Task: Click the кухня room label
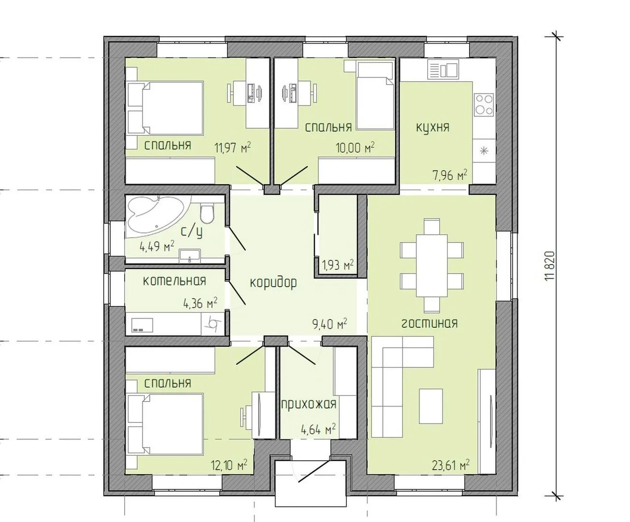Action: pos(433,128)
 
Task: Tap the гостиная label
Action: pos(430,324)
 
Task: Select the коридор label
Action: pos(273,283)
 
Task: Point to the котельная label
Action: pos(174,281)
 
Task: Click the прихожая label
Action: pos(309,404)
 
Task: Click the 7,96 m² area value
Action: pos(450,175)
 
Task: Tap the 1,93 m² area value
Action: pos(338,265)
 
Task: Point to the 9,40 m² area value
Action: pos(329,324)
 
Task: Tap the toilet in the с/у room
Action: pos(207,214)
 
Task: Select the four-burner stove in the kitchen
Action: pos(484,104)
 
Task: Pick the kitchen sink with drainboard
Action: pos(443,70)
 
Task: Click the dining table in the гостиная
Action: pos(432,266)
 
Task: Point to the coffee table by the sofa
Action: pos(431,406)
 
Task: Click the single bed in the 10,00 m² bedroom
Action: pos(375,95)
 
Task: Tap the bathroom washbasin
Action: pos(189,256)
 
